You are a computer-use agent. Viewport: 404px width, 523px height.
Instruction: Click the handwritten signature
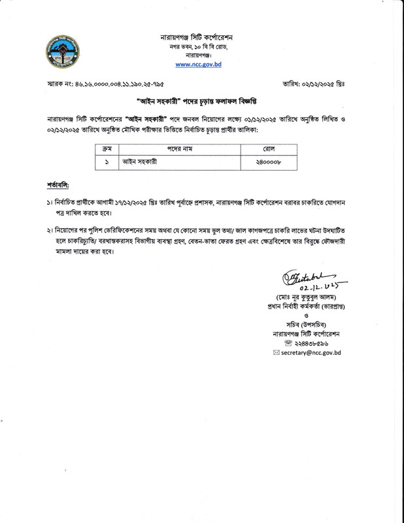pyautogui.click(x=308, y=278)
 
